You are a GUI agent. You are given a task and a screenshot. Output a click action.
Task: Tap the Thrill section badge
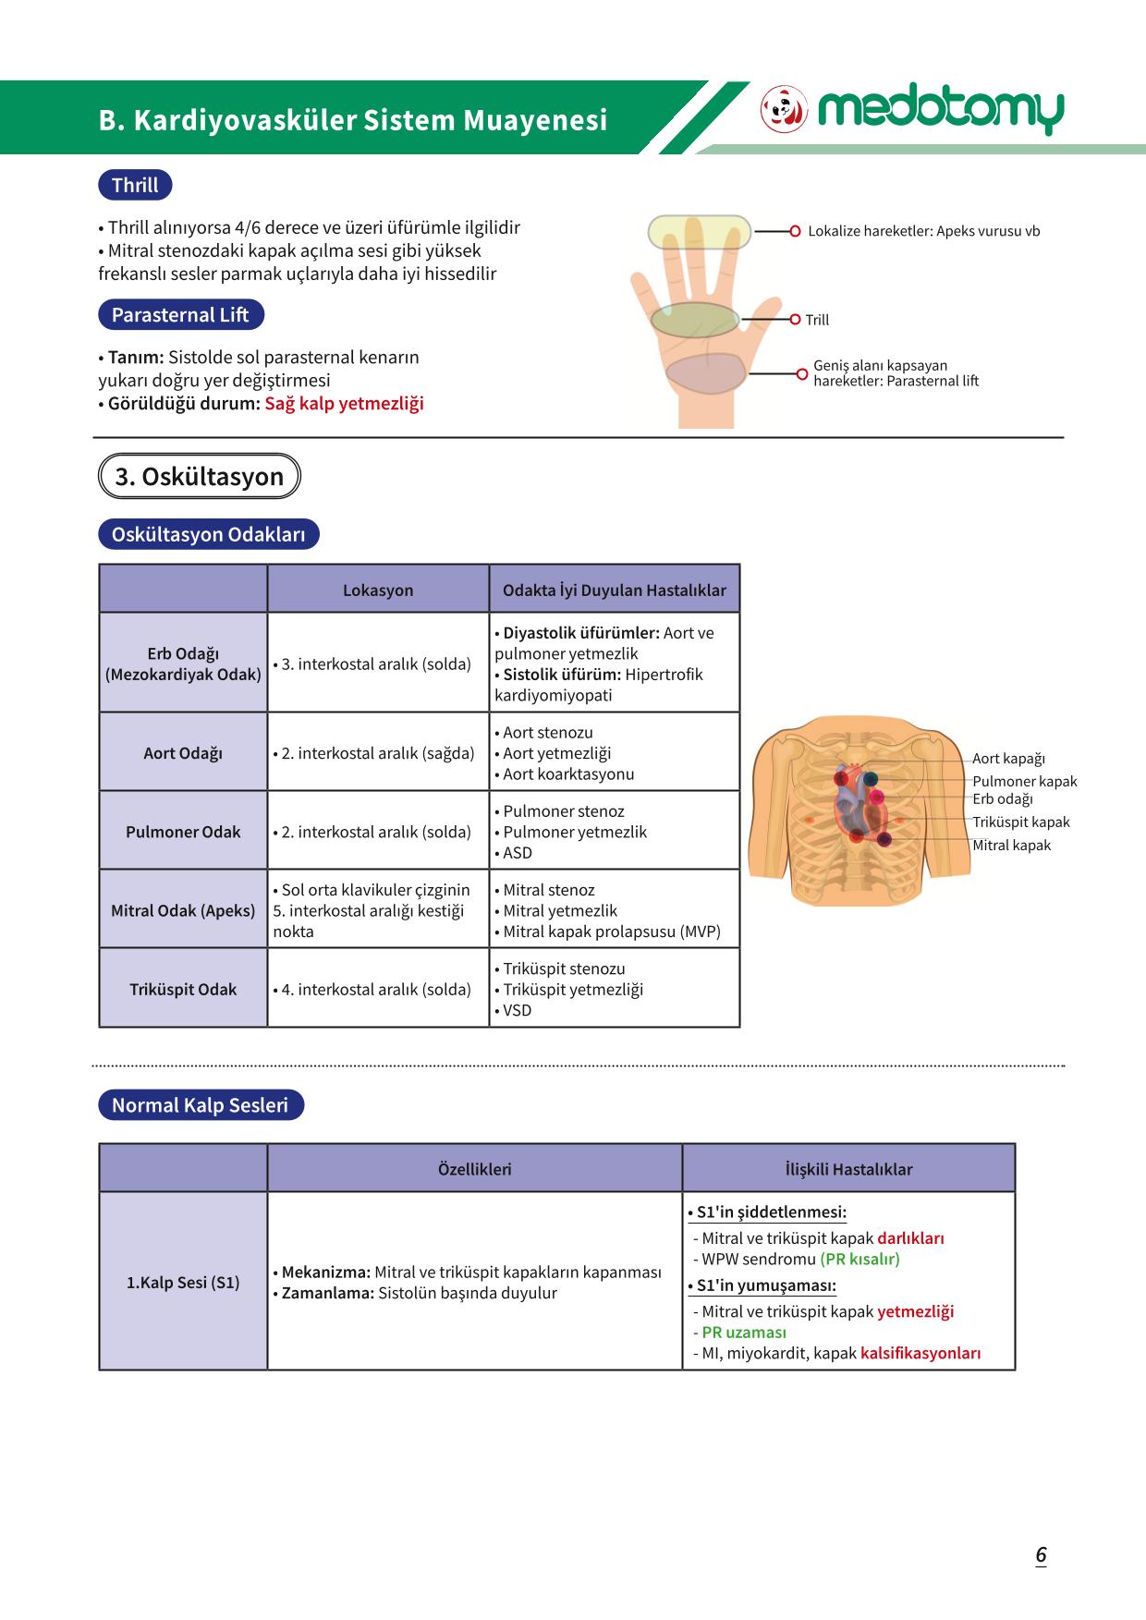[x=135, y=185]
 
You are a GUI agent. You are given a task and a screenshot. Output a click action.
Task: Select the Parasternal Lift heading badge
[x=180, y=314]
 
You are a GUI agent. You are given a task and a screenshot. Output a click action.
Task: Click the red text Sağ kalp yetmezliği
[x=344, y=404]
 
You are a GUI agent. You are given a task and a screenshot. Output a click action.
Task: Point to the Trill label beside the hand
[x=817, y=320]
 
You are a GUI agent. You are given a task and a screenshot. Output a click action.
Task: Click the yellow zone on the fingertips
[x=699, y=232]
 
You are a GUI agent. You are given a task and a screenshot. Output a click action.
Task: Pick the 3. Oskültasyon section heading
[x=199, y=477]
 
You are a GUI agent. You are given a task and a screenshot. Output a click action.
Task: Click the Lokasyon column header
[x=378, y=591]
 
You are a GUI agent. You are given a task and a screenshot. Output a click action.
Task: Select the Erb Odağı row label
[x=183, y=664]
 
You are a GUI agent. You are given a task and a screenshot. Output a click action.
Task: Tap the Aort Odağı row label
[x=183, y=753]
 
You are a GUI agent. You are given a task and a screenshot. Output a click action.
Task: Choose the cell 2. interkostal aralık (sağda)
[x=373, y=753]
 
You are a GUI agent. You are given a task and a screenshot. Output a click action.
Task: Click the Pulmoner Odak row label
[x=183, y=832]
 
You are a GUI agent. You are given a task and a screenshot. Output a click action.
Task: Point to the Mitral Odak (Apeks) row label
[x=183, y=910]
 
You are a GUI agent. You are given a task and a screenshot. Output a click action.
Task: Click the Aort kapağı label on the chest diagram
[x=1008, y=759]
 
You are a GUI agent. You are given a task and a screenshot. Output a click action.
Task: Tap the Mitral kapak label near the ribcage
[x=1011, y=846]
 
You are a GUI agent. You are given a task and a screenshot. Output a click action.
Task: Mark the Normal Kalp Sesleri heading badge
[x=201, y=1105]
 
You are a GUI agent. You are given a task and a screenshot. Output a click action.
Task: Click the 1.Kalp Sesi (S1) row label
[x=183, y=1283]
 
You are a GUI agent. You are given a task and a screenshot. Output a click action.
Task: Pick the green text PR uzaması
[x=744, y=1333]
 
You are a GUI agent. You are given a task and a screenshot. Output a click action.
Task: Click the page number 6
[x=1041, y=1555]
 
